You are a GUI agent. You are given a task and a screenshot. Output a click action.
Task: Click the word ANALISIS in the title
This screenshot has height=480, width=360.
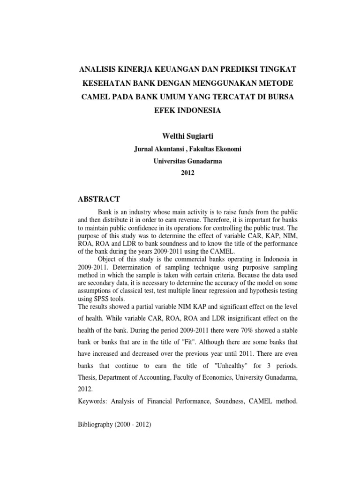coord(97,69)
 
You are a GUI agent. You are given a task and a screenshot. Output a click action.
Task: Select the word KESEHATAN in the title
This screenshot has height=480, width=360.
coord(105,83)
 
